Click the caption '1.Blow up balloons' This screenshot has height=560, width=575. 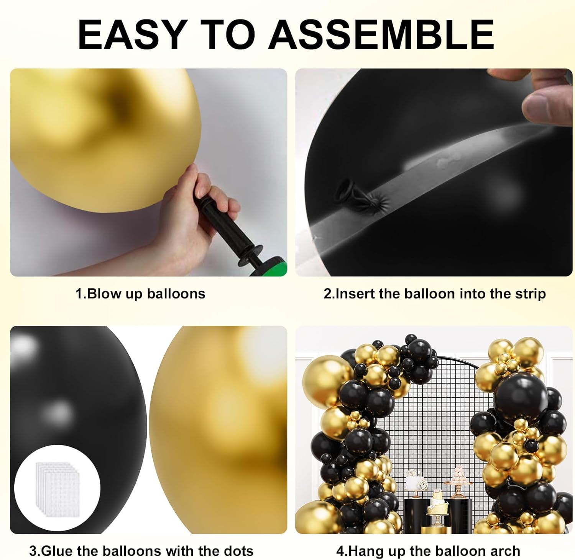tap(140, 294)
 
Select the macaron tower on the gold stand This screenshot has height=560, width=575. tap(459, 475)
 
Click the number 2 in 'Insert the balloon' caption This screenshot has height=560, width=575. tap(327, 294)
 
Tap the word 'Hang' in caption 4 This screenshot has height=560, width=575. tap(366, 551)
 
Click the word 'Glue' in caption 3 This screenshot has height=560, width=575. tap(57, 551)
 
